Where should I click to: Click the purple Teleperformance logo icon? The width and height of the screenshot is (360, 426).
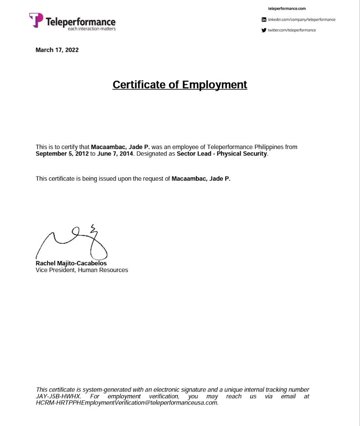pos(36,20)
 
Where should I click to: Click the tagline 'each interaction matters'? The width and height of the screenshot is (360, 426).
pos(92,29)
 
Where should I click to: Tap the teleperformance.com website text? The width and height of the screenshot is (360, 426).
pos(287,9)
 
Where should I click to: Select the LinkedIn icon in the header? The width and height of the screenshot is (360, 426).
pos(264,19)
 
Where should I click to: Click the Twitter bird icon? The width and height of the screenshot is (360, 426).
pos(264,30)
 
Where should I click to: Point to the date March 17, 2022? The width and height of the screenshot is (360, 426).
pos(57,50)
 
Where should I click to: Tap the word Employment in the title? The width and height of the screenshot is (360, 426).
pos(214,85)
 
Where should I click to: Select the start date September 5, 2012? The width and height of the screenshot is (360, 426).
pos(62,154)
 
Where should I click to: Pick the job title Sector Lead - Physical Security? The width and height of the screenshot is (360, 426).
pos(222,154)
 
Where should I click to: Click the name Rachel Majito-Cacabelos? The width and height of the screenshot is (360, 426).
pos(71,263)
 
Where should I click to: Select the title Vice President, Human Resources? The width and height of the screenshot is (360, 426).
pos(82,270)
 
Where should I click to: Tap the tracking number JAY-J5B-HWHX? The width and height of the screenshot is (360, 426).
pos(58,396)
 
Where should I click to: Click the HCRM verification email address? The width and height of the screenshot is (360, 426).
pos(126,403)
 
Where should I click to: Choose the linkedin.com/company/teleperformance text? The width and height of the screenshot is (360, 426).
pos(301,19)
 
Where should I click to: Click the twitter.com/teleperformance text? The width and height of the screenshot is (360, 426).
pos(292,30)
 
